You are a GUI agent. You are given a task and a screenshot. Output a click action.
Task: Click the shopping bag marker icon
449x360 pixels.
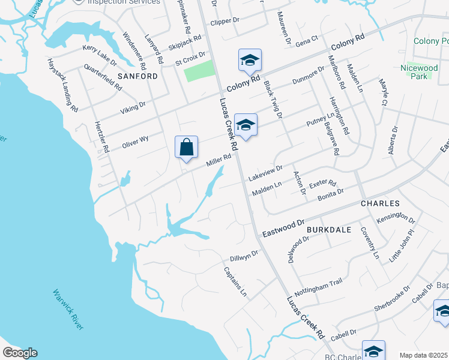coord(186,147)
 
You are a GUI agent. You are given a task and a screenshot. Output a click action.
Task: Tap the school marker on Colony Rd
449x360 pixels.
coord(250,60)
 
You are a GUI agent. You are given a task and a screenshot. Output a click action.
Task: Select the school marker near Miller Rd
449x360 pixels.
coord(245,125)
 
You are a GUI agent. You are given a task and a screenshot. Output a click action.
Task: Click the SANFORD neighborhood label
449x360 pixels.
coord(137,76)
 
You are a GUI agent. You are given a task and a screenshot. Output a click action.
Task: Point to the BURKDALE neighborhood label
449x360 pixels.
coord(328,229)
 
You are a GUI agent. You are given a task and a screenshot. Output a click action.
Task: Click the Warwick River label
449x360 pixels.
coord(68,309)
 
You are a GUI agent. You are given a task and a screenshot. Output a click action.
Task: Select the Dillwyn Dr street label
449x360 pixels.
coord(243,256)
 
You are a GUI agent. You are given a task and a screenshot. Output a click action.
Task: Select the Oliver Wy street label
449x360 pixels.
coord(135,141)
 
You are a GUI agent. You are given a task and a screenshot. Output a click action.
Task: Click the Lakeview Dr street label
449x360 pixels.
coord(265,174)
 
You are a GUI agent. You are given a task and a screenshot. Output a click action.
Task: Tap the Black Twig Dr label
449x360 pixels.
coord(273,98)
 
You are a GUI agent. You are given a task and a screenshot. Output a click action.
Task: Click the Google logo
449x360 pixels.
coord(20,353)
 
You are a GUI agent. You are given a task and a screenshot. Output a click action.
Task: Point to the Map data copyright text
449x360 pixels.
coord(424,355)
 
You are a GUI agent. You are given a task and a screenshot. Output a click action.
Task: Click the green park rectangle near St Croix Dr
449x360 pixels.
coord(199,71)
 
